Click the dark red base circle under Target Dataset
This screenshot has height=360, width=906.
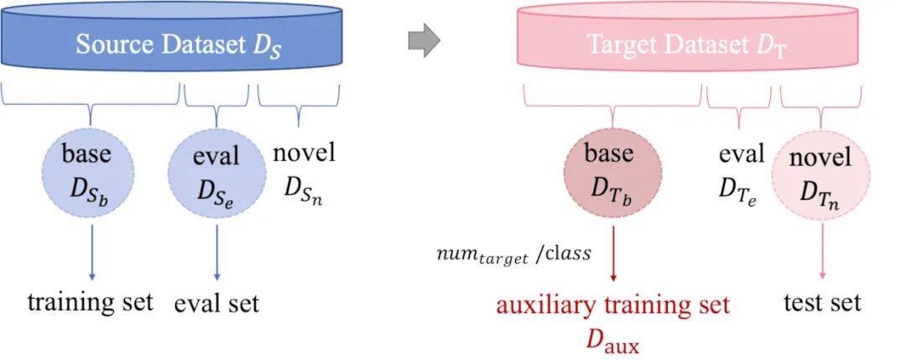(614, 174)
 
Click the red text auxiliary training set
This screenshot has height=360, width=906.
(613, 305)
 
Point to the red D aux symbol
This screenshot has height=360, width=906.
(613, 339)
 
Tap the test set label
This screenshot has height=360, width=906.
(822, 302)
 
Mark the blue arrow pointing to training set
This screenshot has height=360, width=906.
(91, 248)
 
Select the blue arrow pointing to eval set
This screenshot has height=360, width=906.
(216, 248)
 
